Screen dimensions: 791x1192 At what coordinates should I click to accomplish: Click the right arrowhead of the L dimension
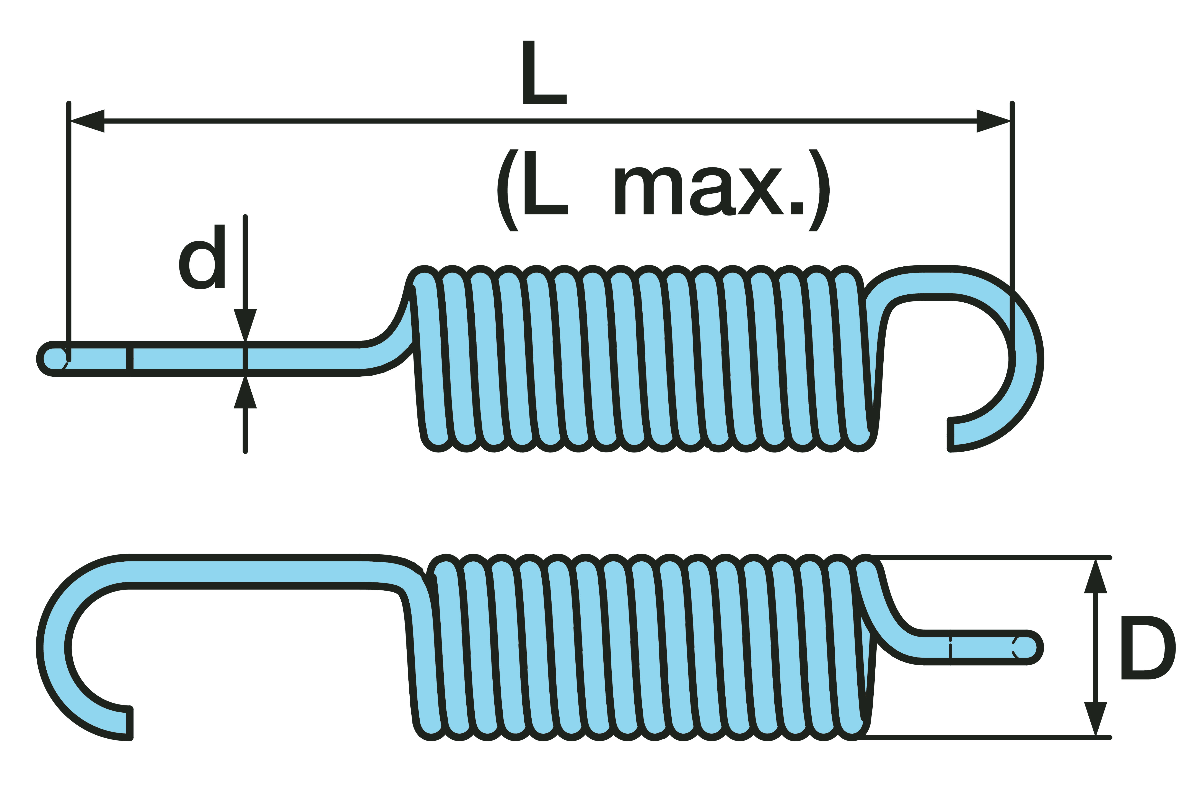[993, 121]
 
